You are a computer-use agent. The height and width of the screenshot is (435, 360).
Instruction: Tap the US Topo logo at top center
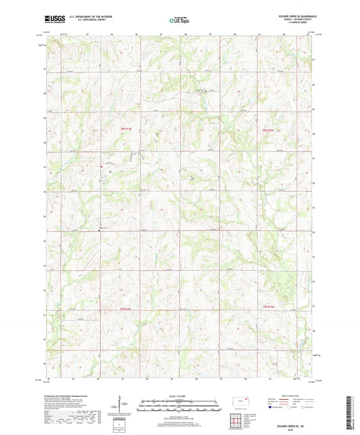click(179, 20)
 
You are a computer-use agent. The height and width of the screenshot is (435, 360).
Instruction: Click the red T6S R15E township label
click(269, 129)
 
